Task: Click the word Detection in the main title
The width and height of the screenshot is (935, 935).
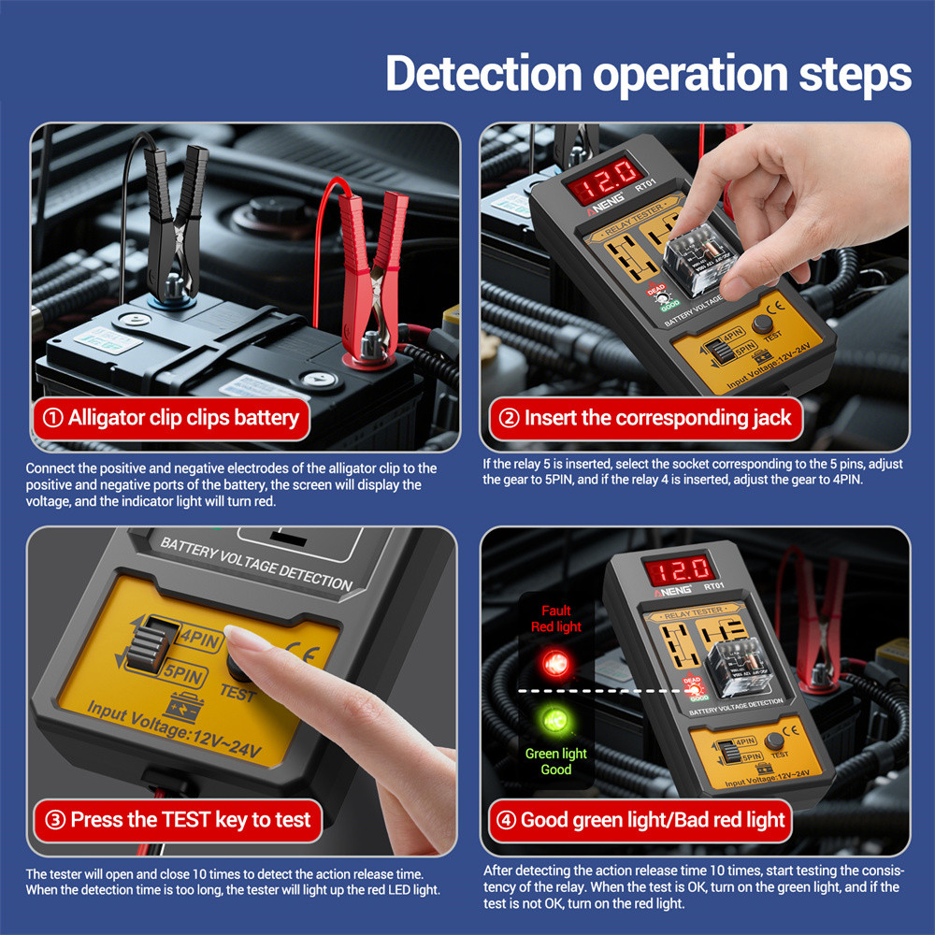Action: click(483, 74)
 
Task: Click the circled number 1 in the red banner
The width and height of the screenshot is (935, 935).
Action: click(52, 417)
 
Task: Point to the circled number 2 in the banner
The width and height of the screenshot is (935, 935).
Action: click(509, 417)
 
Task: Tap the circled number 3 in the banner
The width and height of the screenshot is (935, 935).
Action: click(55, 820)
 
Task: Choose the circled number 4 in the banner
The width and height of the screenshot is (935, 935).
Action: click(506, 820)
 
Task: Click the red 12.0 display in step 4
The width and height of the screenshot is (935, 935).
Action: click(679, 570)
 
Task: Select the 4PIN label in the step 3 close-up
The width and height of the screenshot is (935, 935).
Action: click(200, 640)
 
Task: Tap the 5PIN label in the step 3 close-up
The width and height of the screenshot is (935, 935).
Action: click(183, 674)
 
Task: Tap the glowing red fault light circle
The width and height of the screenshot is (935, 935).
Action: click(555, 663)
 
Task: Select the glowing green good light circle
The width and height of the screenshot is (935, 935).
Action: click(555, 720)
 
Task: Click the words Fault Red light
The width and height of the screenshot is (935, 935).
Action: click(555, 618)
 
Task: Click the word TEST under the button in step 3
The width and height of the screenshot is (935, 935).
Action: click(237, 694)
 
